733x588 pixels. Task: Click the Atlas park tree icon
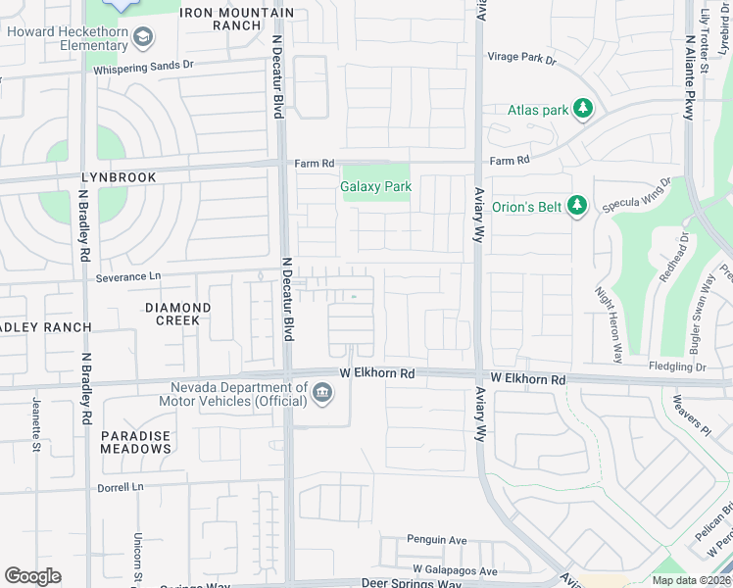(x=584, y=109)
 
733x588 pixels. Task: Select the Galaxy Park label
(x=375, y=186)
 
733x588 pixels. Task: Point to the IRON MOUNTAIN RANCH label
(x=236, y=20)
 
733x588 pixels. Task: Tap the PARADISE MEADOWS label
(x=135, y=442)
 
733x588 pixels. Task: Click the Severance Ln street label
(x=127, y=278)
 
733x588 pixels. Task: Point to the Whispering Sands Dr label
(x=144, y=68)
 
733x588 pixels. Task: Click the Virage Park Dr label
(x=521, y=58)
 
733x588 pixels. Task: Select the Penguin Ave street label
(x=437, y=540)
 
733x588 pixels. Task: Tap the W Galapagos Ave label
(x=455, y=570)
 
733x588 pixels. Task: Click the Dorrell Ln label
(x=120, y=487)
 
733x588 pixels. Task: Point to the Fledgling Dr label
(x=676, y=367)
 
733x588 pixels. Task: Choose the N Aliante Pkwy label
(x=690, y=78)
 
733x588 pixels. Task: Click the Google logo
(x=32, y=576)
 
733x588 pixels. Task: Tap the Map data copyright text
(x=691, y=580)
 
